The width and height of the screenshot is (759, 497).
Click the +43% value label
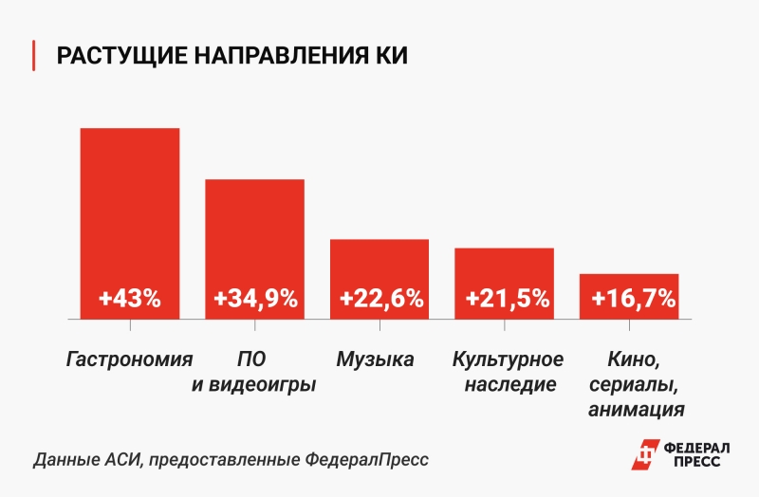130,299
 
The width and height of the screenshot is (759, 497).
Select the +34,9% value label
255,299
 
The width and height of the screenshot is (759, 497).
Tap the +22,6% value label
379,299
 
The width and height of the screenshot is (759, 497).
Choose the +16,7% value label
632,299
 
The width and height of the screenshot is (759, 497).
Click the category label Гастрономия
130,359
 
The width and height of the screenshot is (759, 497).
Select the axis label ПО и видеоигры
254,372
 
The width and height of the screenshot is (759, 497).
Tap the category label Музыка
375,359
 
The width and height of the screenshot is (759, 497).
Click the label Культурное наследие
509,372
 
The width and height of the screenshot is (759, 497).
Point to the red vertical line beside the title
35,56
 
